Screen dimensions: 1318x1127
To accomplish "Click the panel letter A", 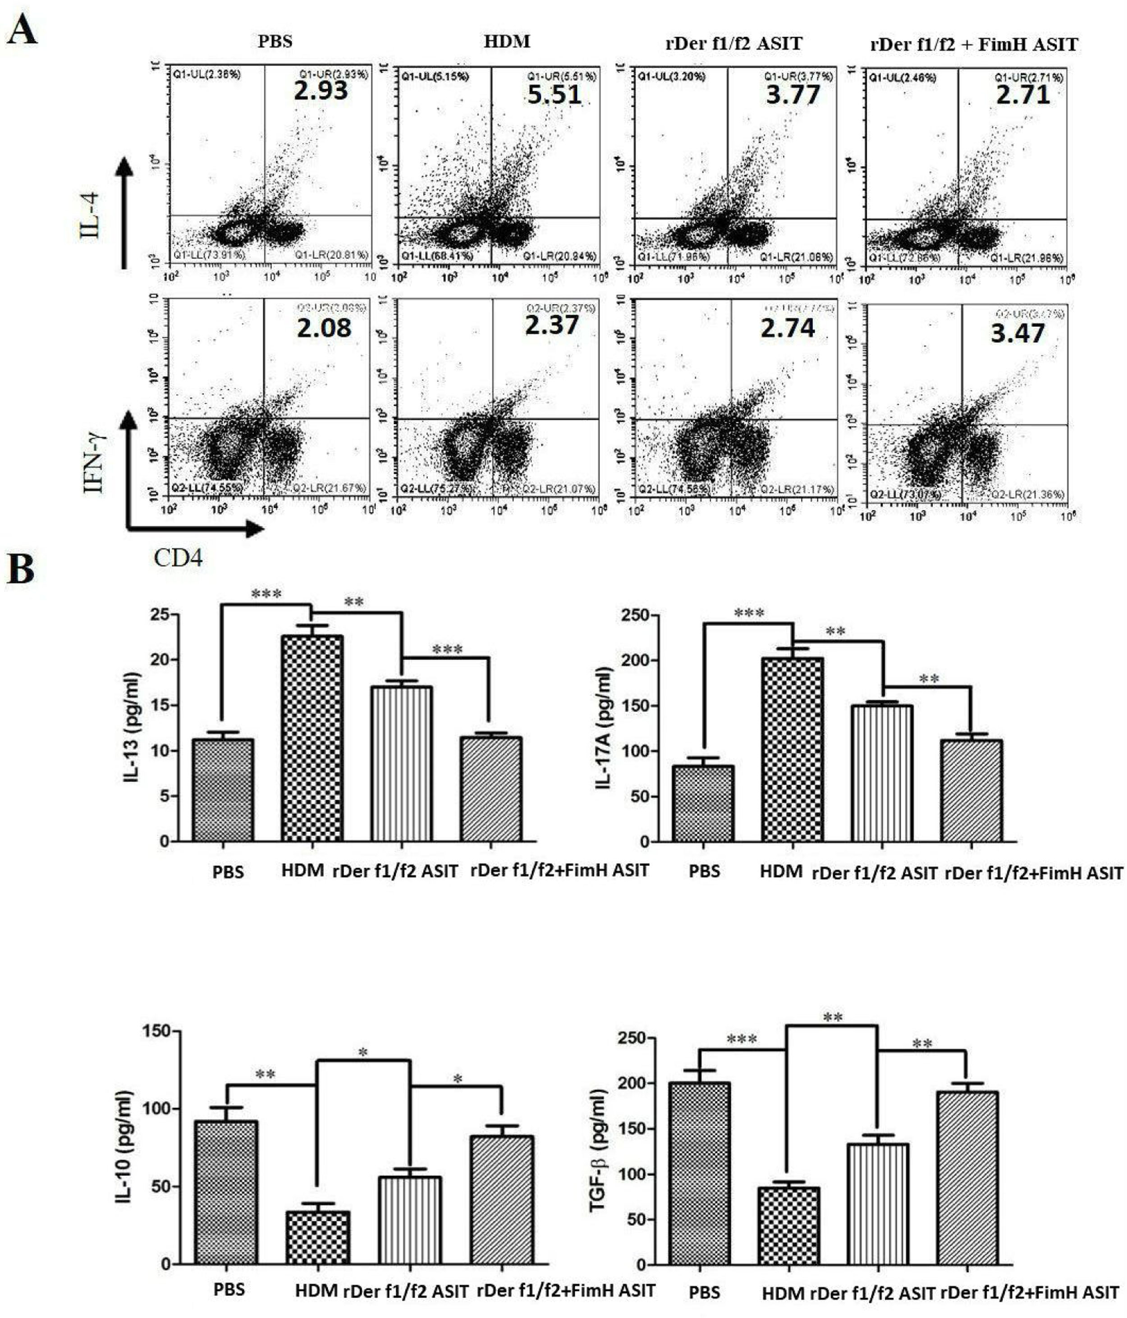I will point(22,31).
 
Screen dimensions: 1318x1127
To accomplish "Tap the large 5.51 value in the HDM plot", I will point(554,95).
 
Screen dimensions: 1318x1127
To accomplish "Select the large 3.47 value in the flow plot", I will point(1017,333).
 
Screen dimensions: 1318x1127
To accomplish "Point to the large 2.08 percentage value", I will point(324,328).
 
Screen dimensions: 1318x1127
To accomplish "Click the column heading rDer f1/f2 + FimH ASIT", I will point(974,45).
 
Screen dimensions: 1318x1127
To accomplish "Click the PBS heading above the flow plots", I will point(275,42).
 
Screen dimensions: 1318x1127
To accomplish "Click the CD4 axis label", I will point(178,558).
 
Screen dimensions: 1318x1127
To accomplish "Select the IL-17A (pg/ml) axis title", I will point(603,728).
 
